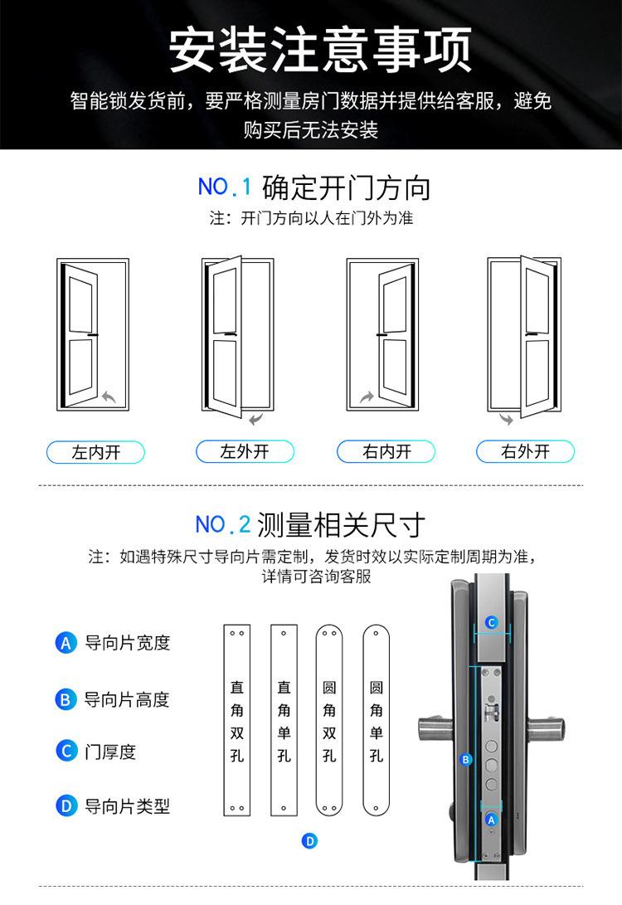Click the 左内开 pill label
tap(95, 453)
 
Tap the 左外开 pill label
tap(245, 451)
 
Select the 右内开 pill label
tap(386, 451)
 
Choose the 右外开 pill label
tap(526, 451)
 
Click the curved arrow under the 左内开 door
tap(109, 397)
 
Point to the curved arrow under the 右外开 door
tap(507, 419)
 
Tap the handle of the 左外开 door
tap(231, 334)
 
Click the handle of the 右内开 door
tap(382, 335)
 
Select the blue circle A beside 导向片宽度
tap(66, 642)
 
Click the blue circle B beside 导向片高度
tap(66, 699)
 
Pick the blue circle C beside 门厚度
tap(66, 751)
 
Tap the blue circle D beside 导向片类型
tap(66, 805)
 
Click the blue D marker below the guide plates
tap(310, 841)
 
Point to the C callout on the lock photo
tap(491, 622)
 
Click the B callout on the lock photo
tap(465, 760)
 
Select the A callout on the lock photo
tap(491, 820)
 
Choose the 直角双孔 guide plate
tap(237, 720)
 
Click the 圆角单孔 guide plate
tap(377, 720)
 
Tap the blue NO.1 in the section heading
tap(225, 187)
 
